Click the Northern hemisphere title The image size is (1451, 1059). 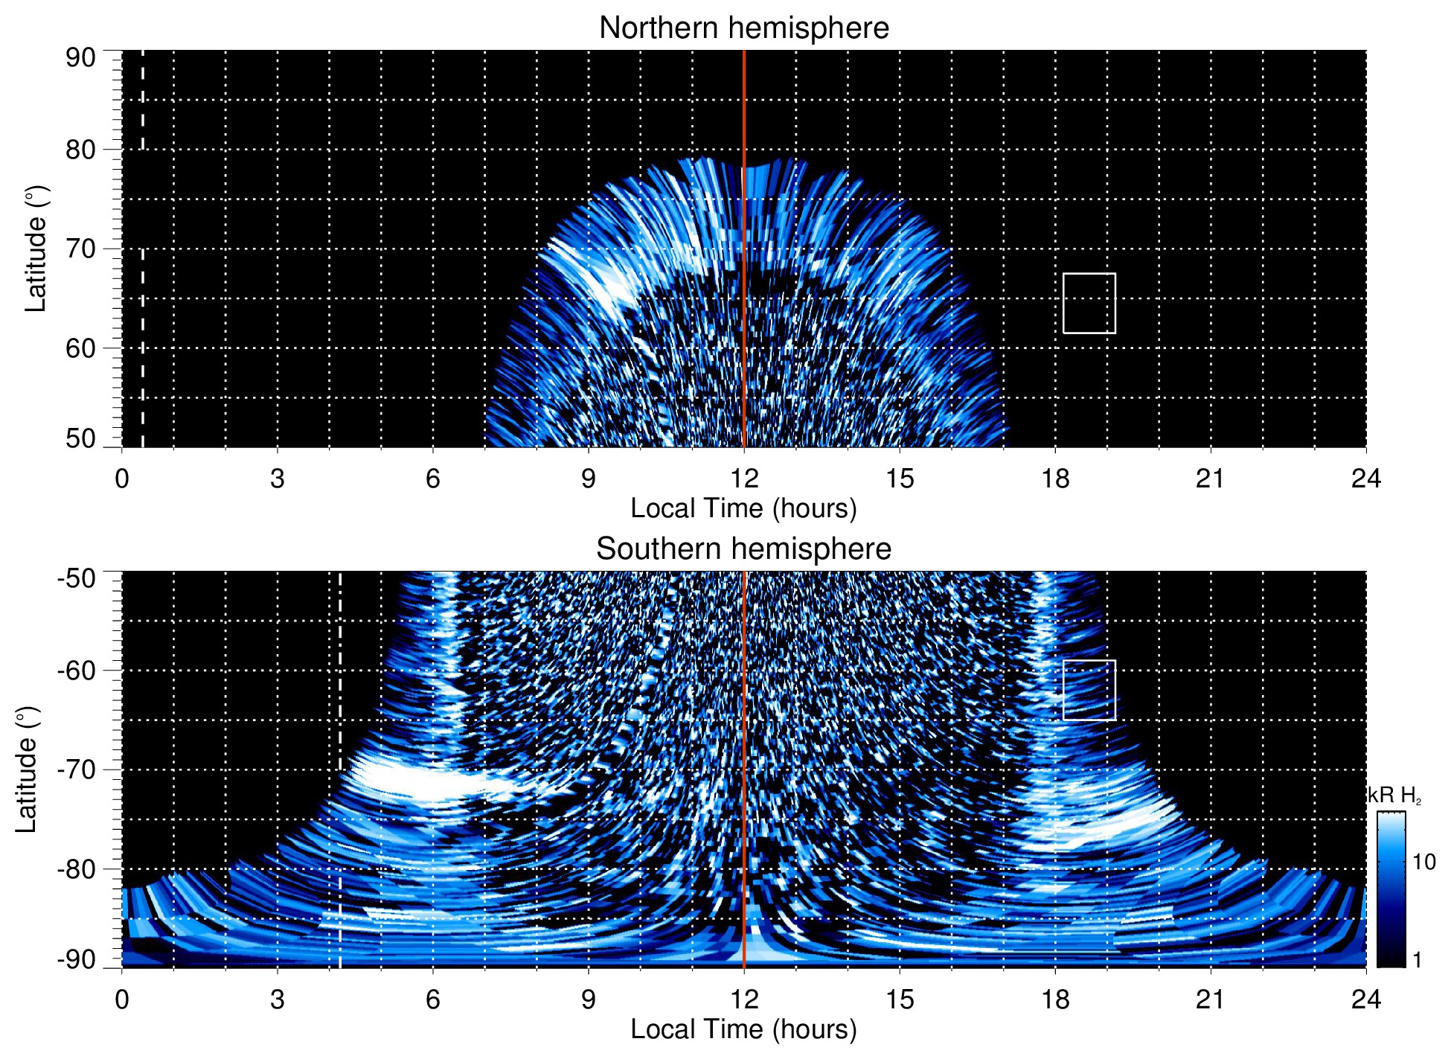743,28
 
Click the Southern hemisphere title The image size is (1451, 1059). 743,549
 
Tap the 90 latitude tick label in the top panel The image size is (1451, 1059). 80,58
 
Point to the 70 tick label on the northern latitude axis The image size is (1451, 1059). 80,249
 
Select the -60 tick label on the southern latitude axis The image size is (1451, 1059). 77,671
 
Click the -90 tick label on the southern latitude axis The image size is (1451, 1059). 77,960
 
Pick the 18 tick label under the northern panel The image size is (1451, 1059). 1055,479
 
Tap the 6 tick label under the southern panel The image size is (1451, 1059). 432,999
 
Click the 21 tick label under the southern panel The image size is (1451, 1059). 1211,999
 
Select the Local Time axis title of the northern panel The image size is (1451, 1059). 743,508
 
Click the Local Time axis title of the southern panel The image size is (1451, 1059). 743,1029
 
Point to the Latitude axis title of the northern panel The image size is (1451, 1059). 36,249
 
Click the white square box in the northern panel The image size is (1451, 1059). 1089,304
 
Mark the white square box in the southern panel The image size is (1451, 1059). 1089,690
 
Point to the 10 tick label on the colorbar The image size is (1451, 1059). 1423,862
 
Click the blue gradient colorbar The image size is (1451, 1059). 1391,889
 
